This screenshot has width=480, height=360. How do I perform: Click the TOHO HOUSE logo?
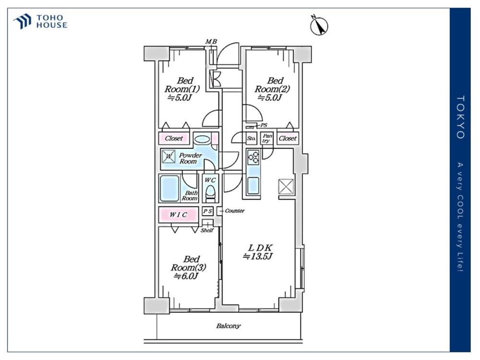(x=40, y=22)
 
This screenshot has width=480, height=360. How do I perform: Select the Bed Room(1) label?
(x=182, y=89)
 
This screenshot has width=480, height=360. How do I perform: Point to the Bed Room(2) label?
(x=272, y=89)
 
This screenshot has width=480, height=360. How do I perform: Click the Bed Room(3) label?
(x=188, y=267)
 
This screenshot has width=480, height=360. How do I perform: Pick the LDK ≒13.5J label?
(x=258, y=252)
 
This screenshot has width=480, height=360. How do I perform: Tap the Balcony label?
(x=228, y=326)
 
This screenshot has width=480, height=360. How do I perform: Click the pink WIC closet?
(x=178, y=215)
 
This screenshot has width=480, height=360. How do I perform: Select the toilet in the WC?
(x=210, y=194)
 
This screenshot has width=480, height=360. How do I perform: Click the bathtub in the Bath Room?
(x=169, y=188)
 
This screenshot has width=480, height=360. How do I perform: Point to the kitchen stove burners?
(x=253, y=157)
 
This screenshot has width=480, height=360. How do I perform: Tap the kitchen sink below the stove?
(x=253, y=185)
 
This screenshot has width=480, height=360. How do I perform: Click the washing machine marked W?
(x=168, y=156)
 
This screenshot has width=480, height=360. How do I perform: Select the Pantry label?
(x=267, y=138)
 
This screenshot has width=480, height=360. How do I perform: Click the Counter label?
(x=235, y=211)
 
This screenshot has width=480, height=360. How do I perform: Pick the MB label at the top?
(x=211, y=42)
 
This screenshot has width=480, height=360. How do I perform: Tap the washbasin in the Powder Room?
(x=202, y=139)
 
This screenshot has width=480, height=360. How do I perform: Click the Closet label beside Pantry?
(x=288, y=138)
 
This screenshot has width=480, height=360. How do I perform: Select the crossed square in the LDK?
(x=286, y=187)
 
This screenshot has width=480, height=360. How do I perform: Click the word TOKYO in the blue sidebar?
(x=460, y=117)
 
